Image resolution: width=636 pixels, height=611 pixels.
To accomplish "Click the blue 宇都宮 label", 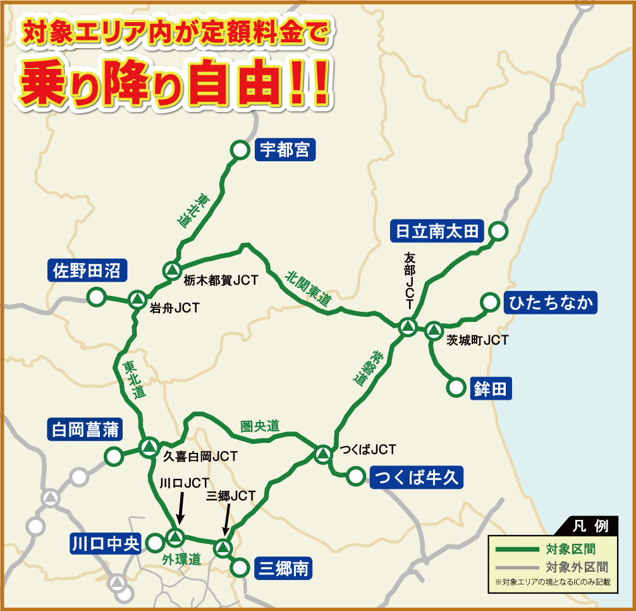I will [284, 151].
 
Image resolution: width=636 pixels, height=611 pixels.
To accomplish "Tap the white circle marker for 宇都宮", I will [240, 150].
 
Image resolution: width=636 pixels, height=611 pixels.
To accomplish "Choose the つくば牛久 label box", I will [417, 477].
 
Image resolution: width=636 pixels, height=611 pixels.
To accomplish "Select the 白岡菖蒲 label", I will [83, 430].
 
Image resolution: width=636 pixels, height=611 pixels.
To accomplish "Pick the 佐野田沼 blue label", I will [87, 271].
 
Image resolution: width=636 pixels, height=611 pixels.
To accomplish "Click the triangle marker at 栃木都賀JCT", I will [171, 271].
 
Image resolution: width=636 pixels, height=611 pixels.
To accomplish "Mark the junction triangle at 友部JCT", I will [408, 328].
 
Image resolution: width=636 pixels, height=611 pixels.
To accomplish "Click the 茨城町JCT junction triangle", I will [433, 330].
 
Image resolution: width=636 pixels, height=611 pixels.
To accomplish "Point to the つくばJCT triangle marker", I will [322, 454].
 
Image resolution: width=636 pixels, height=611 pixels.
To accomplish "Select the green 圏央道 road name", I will [260, 426].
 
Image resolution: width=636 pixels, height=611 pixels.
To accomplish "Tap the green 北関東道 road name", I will [308, 289].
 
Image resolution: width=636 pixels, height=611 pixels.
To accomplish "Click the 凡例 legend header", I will [590, 526].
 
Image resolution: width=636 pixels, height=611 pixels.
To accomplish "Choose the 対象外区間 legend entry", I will [577, 567].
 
